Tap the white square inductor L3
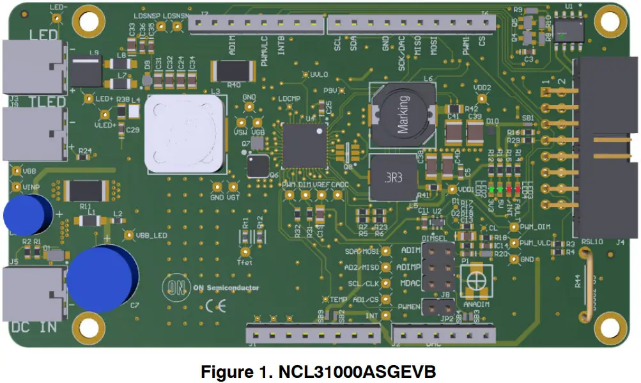pyautogui.click(x=186, y=133)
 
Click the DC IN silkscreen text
pyautogui.click(x=35, y=327)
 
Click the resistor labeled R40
pyautogui.click(x=233, y=70)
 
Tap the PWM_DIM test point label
pyautogui.click(x=535, y=226)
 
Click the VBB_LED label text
pyautogui.click(x=152, y=235)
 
